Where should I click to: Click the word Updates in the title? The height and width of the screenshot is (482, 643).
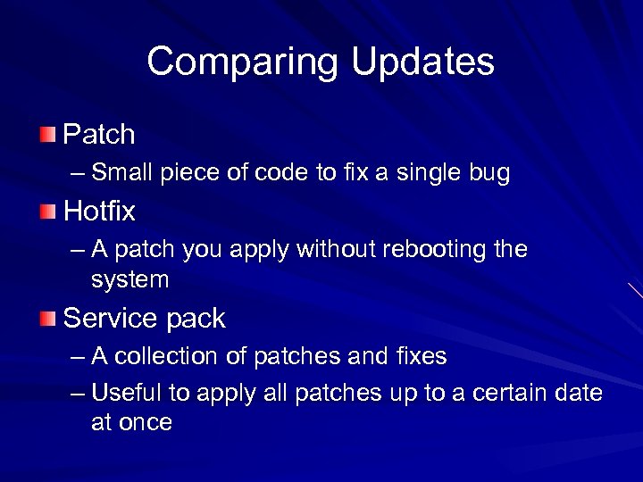coord(422,62)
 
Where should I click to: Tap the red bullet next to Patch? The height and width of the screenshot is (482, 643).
coord(47,136)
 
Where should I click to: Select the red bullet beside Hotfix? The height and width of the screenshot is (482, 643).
coord(47,212)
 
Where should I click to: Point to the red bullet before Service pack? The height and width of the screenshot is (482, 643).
coord(47,319)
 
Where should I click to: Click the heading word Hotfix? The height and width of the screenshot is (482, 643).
coord(99,212)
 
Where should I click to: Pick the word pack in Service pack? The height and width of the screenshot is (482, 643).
coord(197,319)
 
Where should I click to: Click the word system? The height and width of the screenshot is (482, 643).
coord(129,280)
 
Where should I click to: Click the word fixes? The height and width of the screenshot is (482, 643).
coord(420,357)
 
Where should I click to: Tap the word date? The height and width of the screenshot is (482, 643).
coord(579,393)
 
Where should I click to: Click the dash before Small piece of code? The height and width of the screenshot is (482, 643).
coord(79,173)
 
